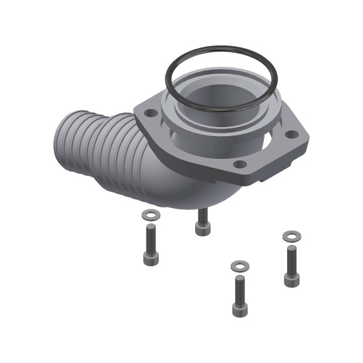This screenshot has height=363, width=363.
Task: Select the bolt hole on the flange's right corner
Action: pos(292,134)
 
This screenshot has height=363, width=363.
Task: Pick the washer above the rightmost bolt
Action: pos(291,236)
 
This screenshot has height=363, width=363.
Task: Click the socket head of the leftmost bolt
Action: pos(150,258)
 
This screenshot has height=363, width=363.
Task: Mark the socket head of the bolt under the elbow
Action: pos(202,229)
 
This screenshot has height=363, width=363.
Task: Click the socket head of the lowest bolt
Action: pos(240,309)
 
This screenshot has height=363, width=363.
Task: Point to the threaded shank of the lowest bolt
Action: pos(240,287)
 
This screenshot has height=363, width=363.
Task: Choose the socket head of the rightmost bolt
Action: pos(291,279)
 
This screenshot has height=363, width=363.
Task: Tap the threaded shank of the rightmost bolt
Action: pos(291,258)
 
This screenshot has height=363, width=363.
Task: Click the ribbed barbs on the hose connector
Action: pos(104,156)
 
